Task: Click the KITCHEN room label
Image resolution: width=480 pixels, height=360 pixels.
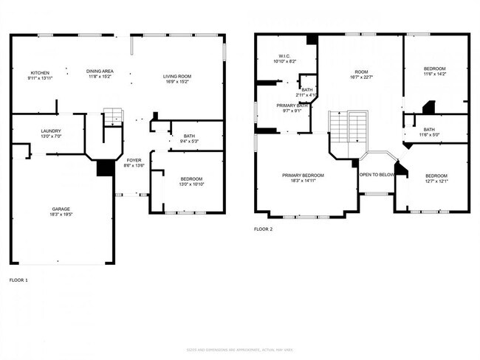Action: coord(19,72)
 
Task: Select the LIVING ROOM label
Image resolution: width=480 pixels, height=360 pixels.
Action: coord(177,77)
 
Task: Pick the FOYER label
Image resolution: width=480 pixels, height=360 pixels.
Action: coord(134,159)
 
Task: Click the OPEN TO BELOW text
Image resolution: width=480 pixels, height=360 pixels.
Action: coord(377,175)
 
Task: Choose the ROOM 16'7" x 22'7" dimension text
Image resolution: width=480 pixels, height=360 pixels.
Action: coord(360,79)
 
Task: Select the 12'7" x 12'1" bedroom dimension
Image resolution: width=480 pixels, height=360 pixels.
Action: coord(436,181)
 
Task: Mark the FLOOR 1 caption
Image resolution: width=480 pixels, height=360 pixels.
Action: coord(18,281)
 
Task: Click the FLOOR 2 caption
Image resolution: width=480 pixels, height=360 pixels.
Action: coord(264,229)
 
